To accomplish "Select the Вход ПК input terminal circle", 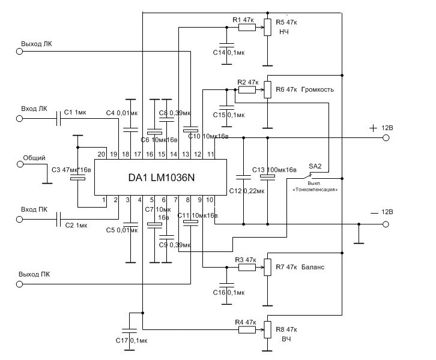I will point(19,221).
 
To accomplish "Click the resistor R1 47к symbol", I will point(247,28).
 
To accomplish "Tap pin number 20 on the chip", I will point(103,155).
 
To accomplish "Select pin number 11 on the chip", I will point(211,155).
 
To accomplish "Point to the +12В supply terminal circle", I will point(385,137).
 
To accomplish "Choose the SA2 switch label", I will point(315,166).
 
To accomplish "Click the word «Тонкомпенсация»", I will point(315,189).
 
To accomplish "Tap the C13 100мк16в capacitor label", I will point(274,170).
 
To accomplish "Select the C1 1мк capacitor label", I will point(76,112).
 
